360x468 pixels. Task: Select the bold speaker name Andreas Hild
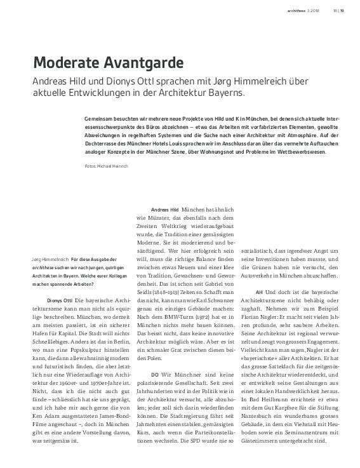click(x=164, y=209)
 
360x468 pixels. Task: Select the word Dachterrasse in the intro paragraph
click(x=104, y=144)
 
